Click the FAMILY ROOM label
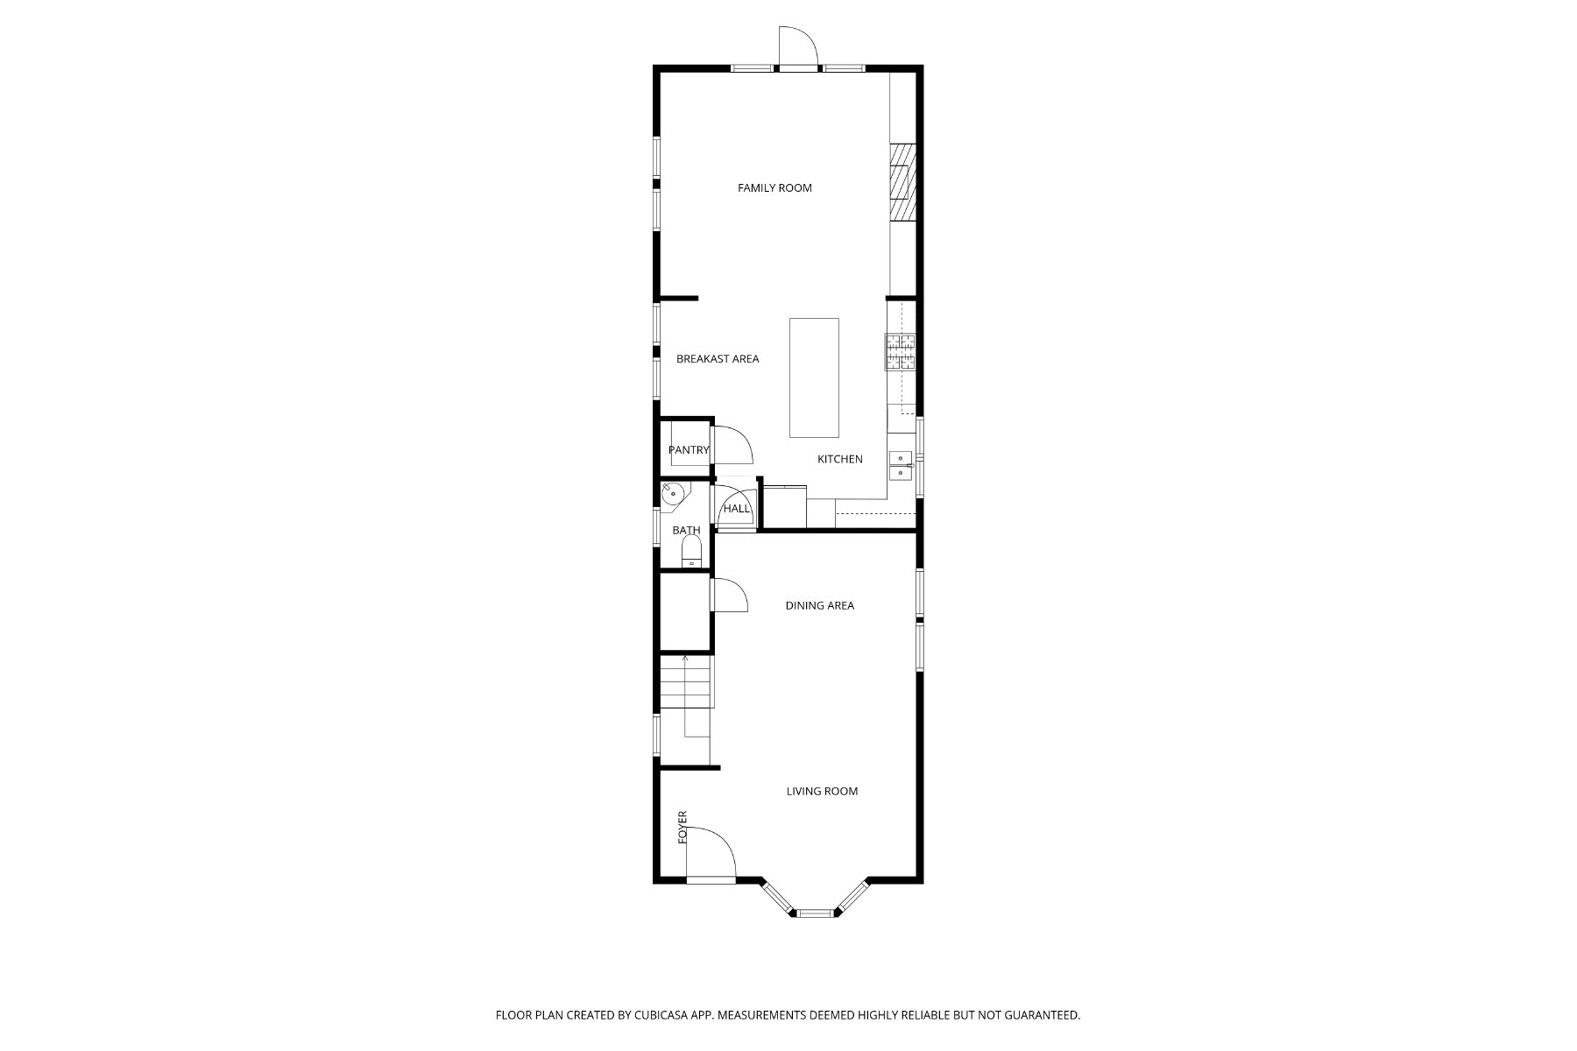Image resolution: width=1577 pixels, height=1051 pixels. tap(774, 187)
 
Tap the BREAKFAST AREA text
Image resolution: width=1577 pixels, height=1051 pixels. tap(718, 358)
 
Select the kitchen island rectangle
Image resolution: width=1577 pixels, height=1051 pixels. tap(814, 377)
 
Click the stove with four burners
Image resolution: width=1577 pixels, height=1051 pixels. tap(900, 352)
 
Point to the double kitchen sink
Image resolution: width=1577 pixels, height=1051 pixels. tap(901, 465)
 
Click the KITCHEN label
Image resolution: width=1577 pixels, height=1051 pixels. tap(839, 459)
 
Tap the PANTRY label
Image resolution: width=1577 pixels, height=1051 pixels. tap(689, 450)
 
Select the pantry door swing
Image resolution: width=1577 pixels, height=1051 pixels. tap(732, 444)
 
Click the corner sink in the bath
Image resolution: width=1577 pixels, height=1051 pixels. tap(673, 494)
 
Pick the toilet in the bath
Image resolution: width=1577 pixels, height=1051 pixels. tap(692, 552)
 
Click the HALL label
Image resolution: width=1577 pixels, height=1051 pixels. tap(737, 509)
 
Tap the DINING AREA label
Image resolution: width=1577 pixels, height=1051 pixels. tap(819, 605)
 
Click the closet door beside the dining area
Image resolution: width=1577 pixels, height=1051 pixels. tap(729, 596)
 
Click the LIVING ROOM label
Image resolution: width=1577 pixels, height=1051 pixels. tap(822, 791)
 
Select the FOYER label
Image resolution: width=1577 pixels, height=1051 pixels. tap(682, 828)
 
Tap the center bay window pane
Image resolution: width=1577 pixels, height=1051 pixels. tap(814, 913)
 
